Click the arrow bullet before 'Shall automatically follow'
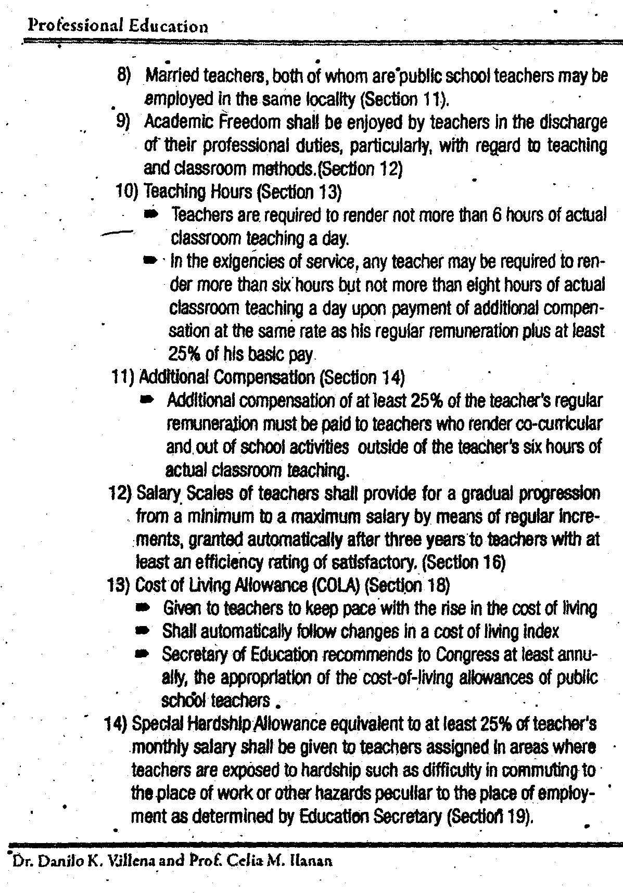[142, 631]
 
